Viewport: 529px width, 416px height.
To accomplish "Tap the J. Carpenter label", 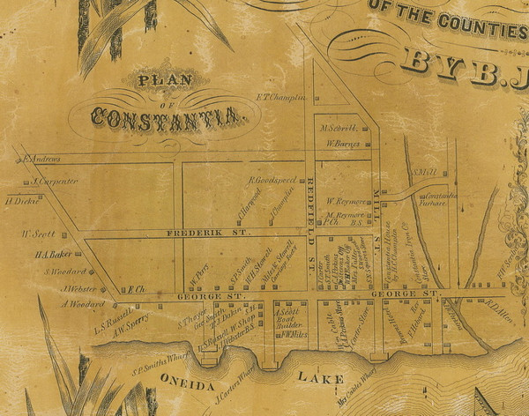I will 55,182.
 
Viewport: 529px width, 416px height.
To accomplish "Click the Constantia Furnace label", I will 423,197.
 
